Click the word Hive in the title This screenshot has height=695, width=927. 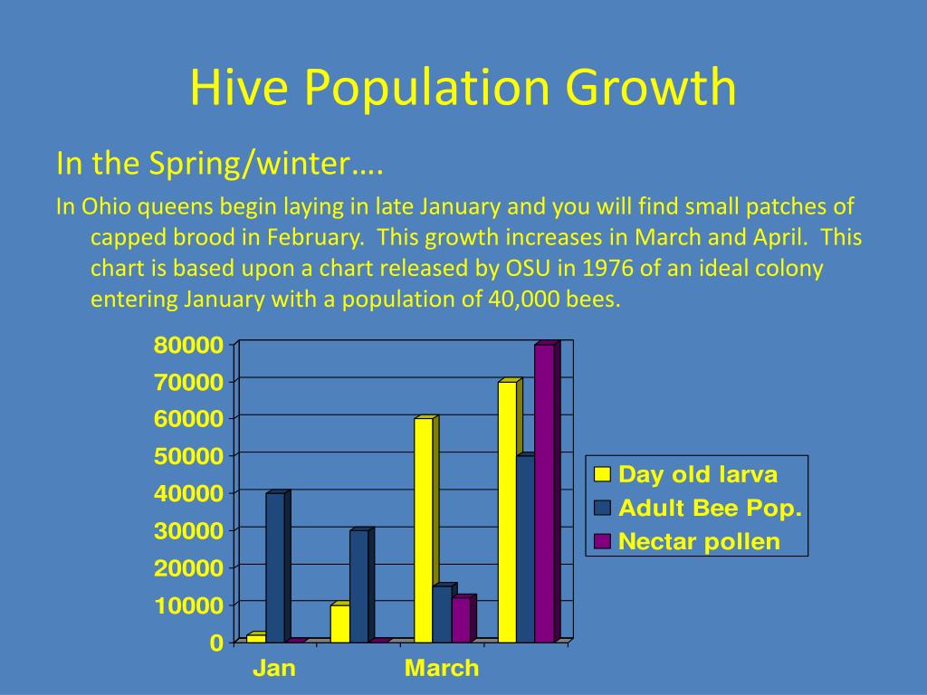[x=239, y=88]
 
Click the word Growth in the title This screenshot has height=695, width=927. [x=651, y=88]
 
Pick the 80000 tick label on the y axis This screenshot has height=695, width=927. [x=188, y=345]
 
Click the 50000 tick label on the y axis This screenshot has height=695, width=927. [x=188, y=456]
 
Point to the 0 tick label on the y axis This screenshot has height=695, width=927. [x=217, y=643]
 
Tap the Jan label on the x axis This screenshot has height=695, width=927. [x=273, y=669]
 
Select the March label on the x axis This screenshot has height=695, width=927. [x=442, y=669]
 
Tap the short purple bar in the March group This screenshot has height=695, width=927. [x=463, y=618]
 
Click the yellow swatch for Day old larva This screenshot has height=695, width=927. [x=602, y=474]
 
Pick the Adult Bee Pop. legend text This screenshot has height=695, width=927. [x=710, y=509]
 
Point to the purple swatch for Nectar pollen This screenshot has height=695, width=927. [x=602, y=541]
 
